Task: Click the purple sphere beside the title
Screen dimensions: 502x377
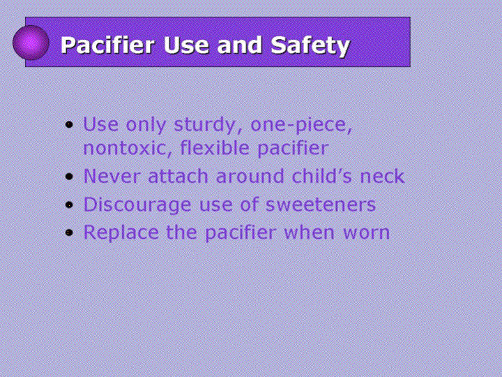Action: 31,43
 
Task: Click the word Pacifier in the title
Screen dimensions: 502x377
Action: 108,45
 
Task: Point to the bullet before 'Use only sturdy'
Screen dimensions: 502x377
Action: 69,124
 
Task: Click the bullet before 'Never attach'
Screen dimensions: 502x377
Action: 69,177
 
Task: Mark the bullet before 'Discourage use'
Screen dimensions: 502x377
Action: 69,205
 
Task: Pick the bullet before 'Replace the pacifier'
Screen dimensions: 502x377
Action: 69,232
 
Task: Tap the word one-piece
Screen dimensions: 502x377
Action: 301,125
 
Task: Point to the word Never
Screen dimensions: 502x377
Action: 112,177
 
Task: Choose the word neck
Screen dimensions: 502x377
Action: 382,176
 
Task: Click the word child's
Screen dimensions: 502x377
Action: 321,176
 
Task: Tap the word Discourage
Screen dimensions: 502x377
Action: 137,205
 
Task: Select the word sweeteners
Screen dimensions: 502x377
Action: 321,205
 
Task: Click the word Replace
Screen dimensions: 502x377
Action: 121,233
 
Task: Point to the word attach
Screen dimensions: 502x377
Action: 178,176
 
